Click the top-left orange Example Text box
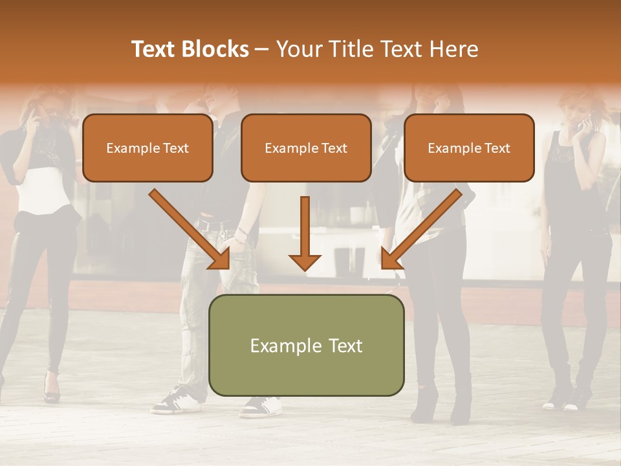147,148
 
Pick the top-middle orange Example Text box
306,148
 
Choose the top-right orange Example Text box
469,148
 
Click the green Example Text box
306,345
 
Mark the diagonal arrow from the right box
422,229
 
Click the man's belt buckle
206,225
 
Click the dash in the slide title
262,50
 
